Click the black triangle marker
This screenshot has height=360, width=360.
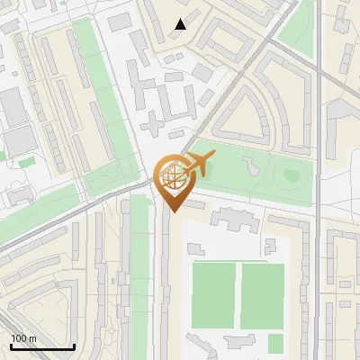(x=181, y=24)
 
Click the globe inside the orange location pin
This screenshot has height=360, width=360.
(x=171, y=177)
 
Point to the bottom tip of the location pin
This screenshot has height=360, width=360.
(x=171, y=211)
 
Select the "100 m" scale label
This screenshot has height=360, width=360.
(x=23, y=338)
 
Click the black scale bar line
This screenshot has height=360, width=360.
(x=41, y=346)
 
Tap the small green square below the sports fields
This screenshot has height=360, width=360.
(x=275, y=343)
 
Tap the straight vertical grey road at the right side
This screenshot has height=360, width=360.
(x=319, y=135)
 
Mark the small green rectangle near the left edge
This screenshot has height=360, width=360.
(x=27, y=162)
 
